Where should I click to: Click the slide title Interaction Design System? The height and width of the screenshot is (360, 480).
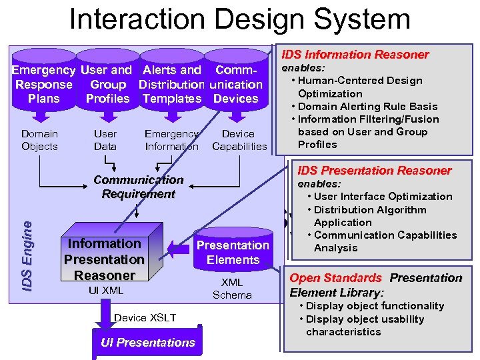pyautogui.click(x=240, y=19)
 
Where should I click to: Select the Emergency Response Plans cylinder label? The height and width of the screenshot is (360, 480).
pyautogui.click(x=44, y=84)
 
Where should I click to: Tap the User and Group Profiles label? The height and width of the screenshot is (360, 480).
pyautogui.click(x=107, y=84)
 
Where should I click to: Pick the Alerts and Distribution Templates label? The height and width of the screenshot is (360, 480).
pyautogui.click(x=171, y=84)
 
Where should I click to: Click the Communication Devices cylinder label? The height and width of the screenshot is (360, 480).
pyautogui.click(x=236, y=84)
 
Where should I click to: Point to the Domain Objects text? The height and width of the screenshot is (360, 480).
pyautogui.click(x=39, y=140)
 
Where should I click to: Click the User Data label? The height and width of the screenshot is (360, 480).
pyautogui.click(x=105, y=140)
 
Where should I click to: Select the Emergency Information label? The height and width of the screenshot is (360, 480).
pyautogui.click(x=171, y=140)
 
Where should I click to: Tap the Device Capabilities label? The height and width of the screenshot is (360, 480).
pyautogui.click(x=239, y=140)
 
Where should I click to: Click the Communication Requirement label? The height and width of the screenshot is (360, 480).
pyautogui.click(x=138, y=187)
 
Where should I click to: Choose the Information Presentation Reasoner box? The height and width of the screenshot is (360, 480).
pyautogui.click(x=104, y=259)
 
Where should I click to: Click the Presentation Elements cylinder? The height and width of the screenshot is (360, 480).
pyautogui.click(x=233, y=252)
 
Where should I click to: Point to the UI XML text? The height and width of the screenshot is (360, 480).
pyautogui.click(x=105, y=291)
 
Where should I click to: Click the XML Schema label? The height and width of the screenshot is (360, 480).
pyautogui.click(x=232, y=289)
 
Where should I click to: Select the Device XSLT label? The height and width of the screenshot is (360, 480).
pyautogui.click(x=145, y=317)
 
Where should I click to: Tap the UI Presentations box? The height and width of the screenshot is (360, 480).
pyautogui.click(x=147, y=343)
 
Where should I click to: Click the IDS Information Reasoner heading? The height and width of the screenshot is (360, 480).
pyautogui.click(x=355, y=55)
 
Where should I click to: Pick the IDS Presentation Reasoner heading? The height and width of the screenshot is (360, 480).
pyautogui.click(x=374, y=171)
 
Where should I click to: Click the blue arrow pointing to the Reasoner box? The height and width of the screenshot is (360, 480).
pyautogui.click(x=179, y=251)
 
